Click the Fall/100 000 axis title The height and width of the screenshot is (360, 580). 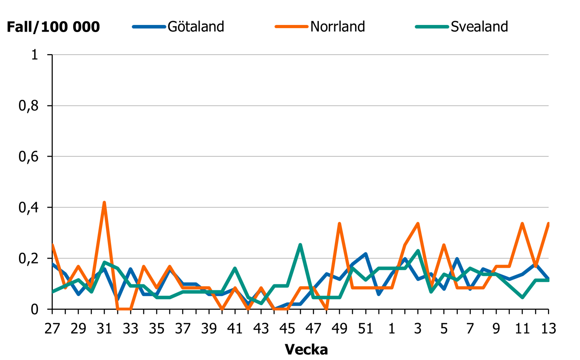tap(53, 27)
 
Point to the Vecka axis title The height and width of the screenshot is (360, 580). tap(306, 349)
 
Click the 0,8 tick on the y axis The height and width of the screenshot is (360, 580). tap(29, 106)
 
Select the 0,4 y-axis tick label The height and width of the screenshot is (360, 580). tap(29, 208)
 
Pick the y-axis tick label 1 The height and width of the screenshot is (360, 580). tap(34, 55)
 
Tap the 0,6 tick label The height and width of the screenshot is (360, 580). tap(29, 157)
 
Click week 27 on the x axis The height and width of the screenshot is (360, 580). tap(52, 329)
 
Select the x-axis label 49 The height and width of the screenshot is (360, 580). tap(339, 329)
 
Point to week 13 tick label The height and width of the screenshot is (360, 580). tap(548, 329)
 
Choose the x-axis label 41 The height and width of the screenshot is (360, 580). tap(235, 329)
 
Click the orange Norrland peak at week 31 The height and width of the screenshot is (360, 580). tap(104, 203)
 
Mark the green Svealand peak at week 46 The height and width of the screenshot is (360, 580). tap(300, 245)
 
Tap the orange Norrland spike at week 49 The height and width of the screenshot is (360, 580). tap(339, 224)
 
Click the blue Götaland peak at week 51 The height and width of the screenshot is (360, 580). tap(366, 254)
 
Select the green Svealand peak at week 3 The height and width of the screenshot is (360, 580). tap(418, 251)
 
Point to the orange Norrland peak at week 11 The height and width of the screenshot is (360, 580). tap(522, 224)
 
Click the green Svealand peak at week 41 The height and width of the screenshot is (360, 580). tap(235, 269)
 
